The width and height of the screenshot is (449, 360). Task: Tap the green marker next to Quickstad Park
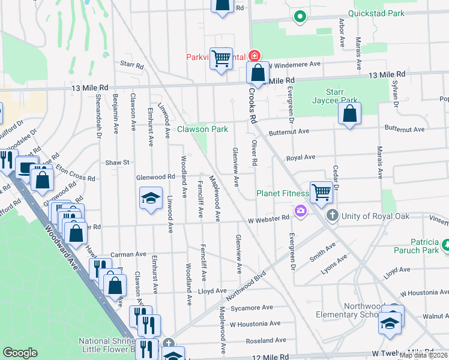point(300,17)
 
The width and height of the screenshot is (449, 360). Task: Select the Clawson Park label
point(202,129)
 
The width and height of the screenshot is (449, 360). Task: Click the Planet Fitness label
point(282,193)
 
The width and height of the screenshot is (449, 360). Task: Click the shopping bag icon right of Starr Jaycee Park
point(349,113)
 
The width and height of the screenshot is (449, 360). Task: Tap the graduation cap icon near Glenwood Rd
point(151,198)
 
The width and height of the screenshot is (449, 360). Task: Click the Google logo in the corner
point(20,353)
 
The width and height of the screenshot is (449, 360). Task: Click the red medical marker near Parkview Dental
point(255,56)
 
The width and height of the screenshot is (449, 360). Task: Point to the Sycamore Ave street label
point(252,308)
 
